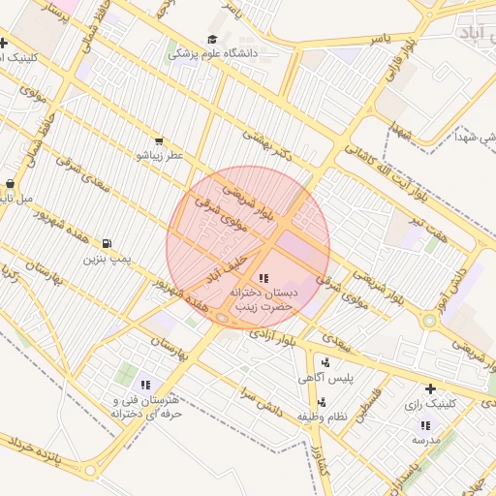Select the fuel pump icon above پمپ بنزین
[106, 243]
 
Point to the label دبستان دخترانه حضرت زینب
[264, 297]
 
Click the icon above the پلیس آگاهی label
[325, 363]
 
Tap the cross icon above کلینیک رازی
[430, 388]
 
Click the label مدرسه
[426, 439]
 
